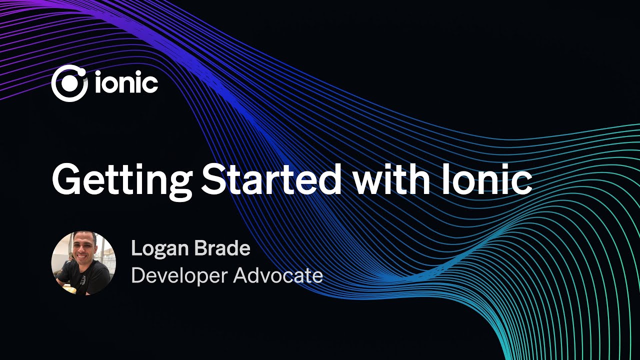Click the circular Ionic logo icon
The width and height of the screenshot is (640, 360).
coord(69,83)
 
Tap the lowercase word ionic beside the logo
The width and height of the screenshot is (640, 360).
coord(126,83)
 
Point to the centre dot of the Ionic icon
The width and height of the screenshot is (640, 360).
coord(69,84)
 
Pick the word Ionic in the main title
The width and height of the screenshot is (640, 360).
coord(483,179)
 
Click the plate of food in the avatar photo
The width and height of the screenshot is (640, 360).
coord(70,288)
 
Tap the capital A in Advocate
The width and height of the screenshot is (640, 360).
coord(242,275)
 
